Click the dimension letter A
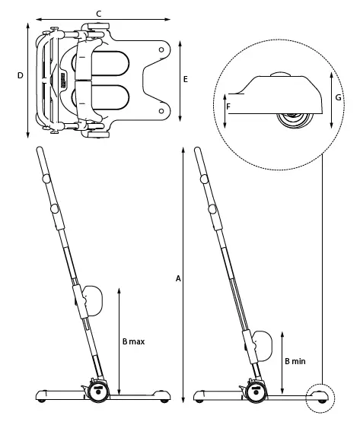coord(178,279)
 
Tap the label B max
coord(132,342)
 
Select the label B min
coord(295,362)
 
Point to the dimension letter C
coord(99,13)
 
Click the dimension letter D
coord(21,75)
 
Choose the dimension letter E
coord(185,79)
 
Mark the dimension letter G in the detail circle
coord(337,97)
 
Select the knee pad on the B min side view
coord(259,346)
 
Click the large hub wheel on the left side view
coord(98,392)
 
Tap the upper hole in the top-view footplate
coord(161,49)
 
